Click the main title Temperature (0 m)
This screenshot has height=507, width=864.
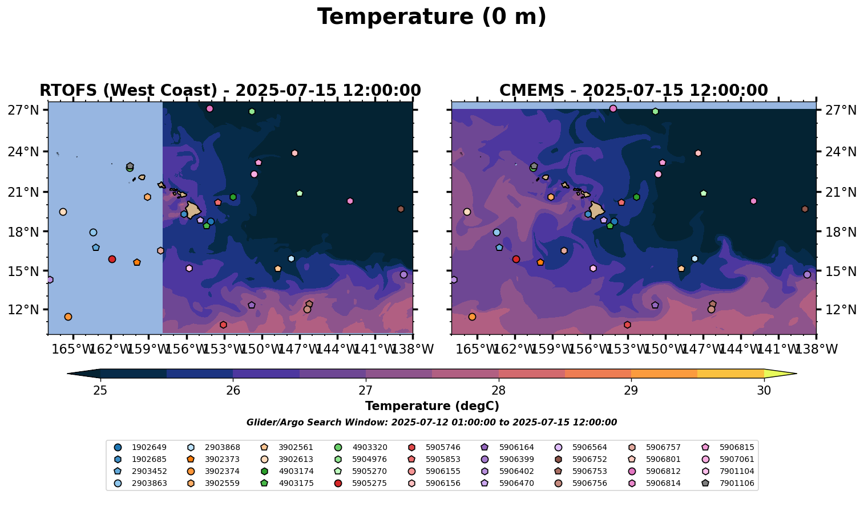(x=431, y=17)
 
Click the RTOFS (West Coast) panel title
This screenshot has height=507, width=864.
(x=230, y=91)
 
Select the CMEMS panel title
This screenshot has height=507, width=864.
(x=633, y=91)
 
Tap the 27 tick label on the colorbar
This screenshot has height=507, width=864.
(x=366, y=391)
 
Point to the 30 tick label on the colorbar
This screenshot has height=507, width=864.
(x=764, y=391)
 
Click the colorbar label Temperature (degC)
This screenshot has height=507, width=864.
(x=432, y=406)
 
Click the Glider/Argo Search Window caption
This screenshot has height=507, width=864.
(x=431, y=423)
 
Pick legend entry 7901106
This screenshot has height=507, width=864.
(x=737, y=483)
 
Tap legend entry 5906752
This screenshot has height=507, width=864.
(x=590, y=459)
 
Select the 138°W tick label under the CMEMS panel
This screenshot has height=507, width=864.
(x=816, y=349)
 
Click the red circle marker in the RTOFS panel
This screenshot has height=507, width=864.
(x=112, y=259)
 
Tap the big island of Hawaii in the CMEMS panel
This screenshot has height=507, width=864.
(x=596, y=210)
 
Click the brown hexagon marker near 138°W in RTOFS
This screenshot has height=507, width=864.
(x=401, y=209)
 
